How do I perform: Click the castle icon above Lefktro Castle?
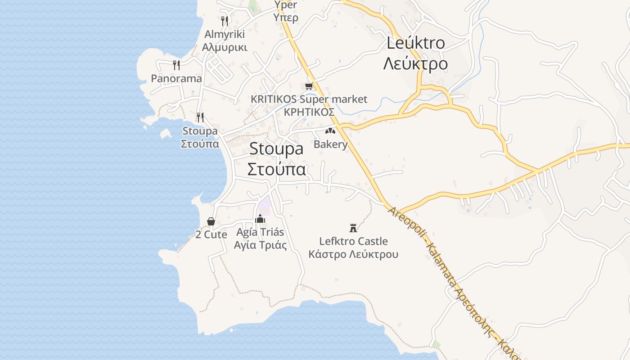(353, 228)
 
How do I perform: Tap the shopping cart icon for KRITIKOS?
(309, 86)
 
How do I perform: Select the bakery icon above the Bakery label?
(330, 131)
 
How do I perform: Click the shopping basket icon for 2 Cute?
(211, 221)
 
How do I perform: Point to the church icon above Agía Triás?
(260, 219)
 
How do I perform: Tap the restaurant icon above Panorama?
(176, 65)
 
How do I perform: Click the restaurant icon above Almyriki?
(225, 21)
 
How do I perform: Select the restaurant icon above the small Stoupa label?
(200, 117)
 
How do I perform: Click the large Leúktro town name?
(416, 43)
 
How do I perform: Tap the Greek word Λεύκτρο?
(415, 64)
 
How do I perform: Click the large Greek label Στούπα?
(277, 170)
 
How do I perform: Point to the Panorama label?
(176, 78)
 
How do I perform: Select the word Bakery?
(331, 144)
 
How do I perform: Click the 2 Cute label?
(211, 234)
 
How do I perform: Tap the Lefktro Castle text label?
(353, 241)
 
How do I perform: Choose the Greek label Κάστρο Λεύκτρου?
(353, 254)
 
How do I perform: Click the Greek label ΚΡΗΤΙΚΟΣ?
(309, 112)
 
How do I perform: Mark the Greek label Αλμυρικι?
(225, 47)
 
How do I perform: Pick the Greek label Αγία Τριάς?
(260, 245)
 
